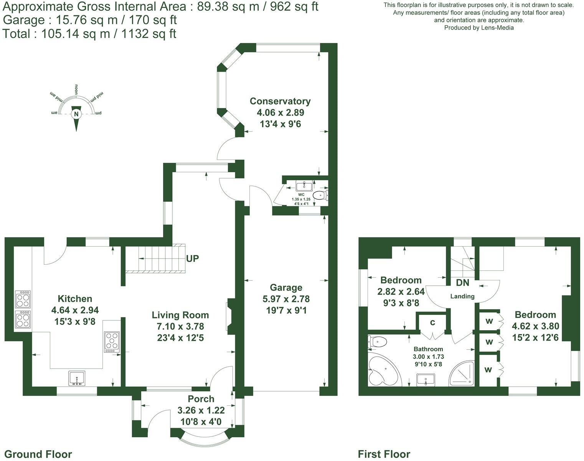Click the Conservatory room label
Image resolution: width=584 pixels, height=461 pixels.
[x=280, y=101]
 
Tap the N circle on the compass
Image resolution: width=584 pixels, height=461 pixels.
[x=76, y=114]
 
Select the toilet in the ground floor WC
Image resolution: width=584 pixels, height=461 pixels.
[x=320, y=196]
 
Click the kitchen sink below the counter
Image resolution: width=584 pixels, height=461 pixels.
[x=76, y=378]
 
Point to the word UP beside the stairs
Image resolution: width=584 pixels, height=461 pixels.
[x=192, y=258]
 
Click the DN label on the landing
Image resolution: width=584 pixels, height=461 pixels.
[x=462, y=283]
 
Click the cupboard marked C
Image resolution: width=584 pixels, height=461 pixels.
[x=432, y=323]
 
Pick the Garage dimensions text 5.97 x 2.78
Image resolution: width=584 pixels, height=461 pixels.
[x=286, y=299]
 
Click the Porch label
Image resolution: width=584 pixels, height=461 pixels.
[x=201, y=399]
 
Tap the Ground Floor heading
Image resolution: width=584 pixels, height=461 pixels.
[x=38, y=454]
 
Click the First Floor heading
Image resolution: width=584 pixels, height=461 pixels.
[x=384, y=454]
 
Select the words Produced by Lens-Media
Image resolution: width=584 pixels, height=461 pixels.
[x=478, y=28]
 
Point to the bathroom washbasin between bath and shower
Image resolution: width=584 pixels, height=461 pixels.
[x=426, y=380]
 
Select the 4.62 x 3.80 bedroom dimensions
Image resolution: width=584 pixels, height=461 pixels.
[x=535, y=326]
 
